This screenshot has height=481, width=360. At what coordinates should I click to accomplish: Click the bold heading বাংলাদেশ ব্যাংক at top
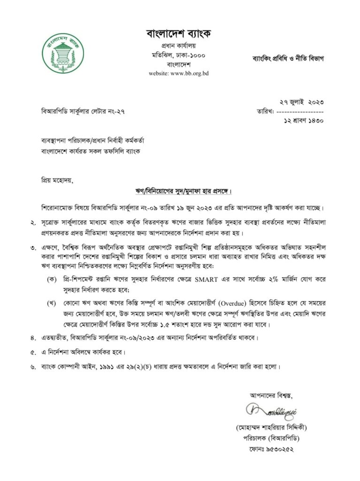179,34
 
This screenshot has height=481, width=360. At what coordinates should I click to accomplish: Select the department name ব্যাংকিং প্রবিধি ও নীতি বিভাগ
288,59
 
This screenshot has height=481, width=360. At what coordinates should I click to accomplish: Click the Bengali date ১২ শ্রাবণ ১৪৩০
301,121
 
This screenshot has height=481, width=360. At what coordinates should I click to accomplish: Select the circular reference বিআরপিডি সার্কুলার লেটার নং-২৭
83,111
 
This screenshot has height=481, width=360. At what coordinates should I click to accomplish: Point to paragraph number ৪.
33,338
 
